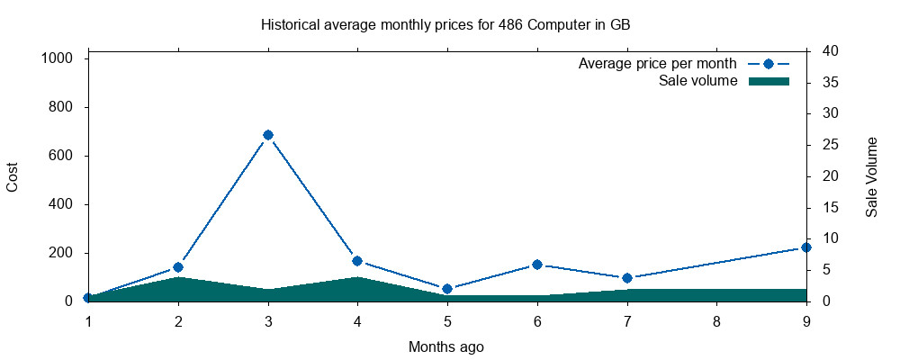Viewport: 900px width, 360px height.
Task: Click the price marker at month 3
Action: click(x=267, y=135)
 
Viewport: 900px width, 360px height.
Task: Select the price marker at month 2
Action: click(x=178, y=267)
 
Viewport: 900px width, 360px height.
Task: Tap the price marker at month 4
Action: click(x=357, y=261)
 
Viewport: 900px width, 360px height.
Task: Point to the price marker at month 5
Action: click(x=447, y=289)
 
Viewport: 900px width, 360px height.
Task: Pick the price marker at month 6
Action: click(x=537, y=265)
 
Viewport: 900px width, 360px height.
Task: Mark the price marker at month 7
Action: click(x=627, y=278)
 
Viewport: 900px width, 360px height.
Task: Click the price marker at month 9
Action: click(x=806, y=247)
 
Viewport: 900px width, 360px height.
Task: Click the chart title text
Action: click(x=445, y=24)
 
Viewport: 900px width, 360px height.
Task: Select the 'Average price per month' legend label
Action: click(x=658, y=64)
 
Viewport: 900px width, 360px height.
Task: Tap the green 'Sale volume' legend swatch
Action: click(x=769, y=82)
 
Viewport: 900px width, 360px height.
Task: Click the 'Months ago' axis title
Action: click(x=446, y=346)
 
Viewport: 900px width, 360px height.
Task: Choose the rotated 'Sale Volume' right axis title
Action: click(x=871, y=176)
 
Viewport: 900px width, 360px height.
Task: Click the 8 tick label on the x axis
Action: click(x=717, y=320)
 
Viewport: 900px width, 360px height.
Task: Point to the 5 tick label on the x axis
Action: click(x=447, y=320)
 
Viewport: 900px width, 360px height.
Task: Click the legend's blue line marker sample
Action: click(x=769, y=64)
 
